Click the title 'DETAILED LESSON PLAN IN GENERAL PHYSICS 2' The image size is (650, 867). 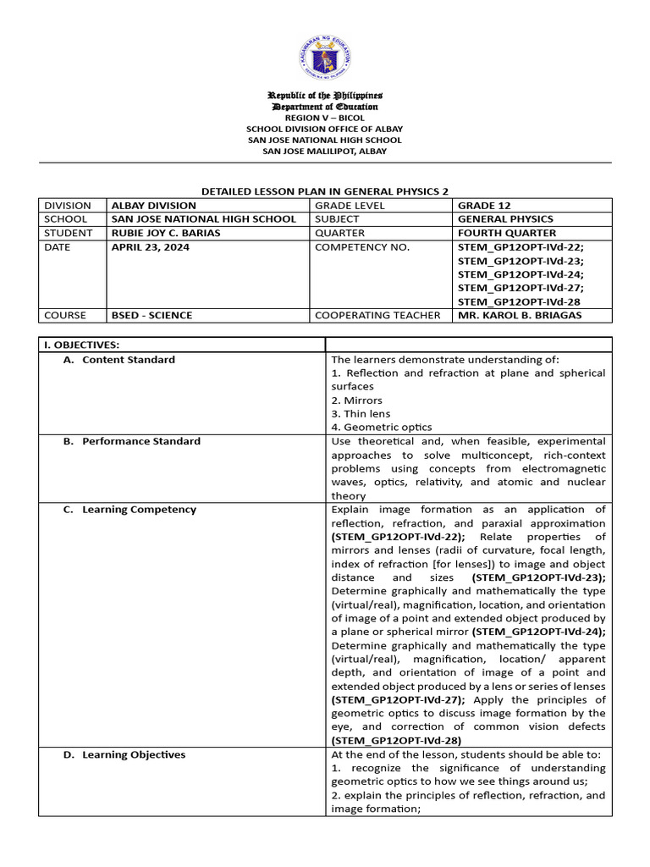[x=325, y=192]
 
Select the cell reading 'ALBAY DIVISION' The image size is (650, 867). [x=153, y=206]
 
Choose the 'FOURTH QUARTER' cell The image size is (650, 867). [x=507, y=233]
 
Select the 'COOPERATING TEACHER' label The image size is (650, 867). [x=377, y=315]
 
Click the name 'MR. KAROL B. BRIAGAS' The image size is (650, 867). [x=520, y=315]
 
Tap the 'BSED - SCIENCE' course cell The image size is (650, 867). [x=151, y=315]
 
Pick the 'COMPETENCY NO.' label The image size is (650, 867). [x=361, y=247]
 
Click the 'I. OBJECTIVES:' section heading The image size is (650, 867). [x=82, y=345]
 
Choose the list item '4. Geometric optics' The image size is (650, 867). [x=382, y=428]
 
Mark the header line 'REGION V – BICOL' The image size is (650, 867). [x=325, y=118]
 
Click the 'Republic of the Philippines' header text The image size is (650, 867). [x=325, y=96]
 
